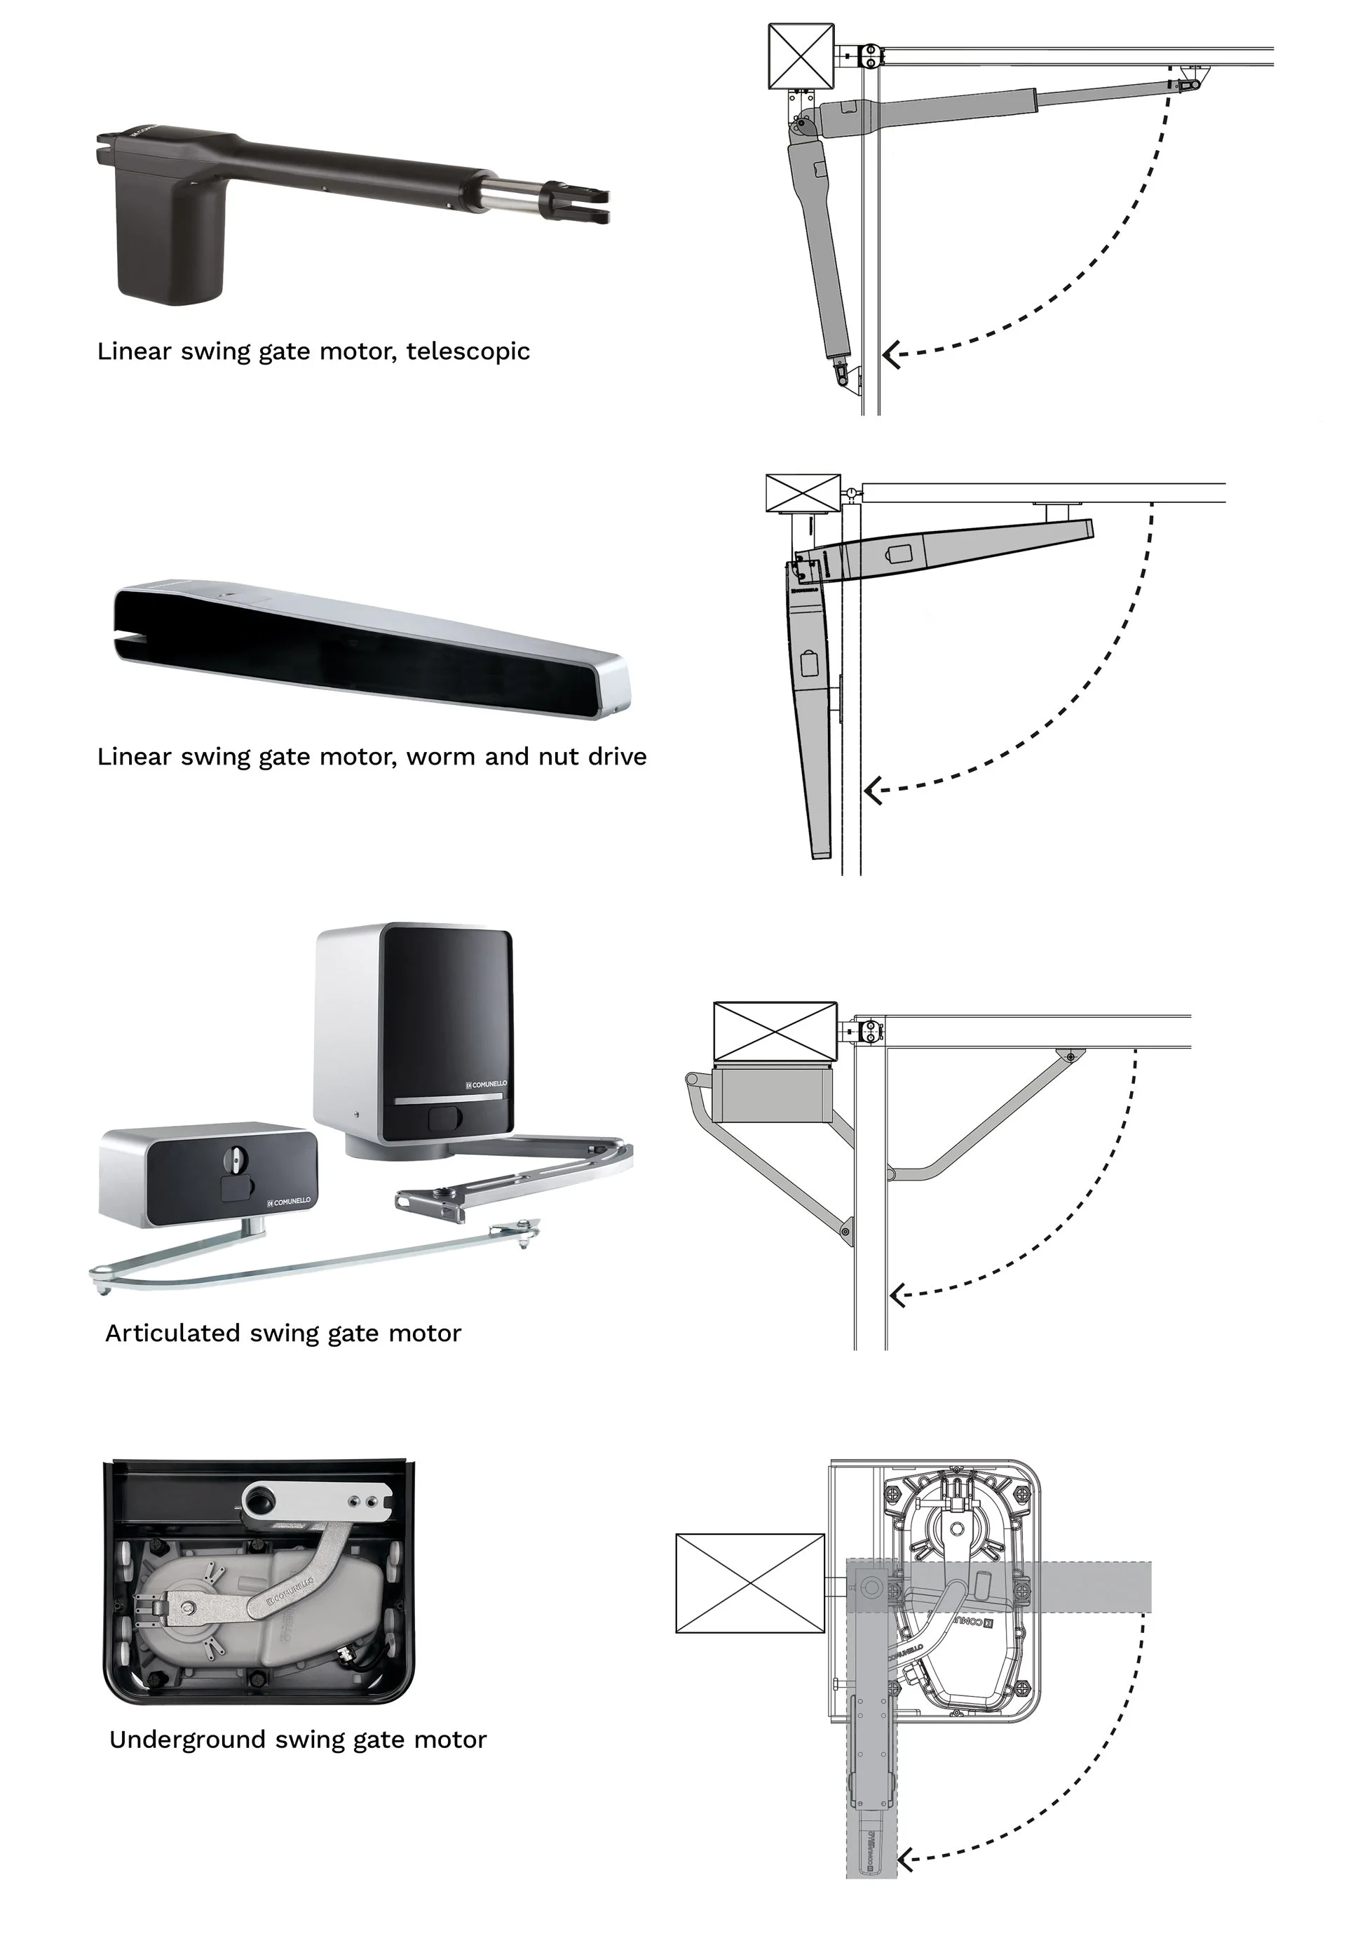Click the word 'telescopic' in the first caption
coord(468,351)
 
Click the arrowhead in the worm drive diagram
coord(872,792)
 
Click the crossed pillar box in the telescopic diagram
coord(801,57)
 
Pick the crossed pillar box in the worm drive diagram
coord(803,493)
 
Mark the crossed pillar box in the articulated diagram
coord(775,1031)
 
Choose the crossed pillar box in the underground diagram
coord(749,1582)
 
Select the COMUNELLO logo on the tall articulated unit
coord(487,1084)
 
